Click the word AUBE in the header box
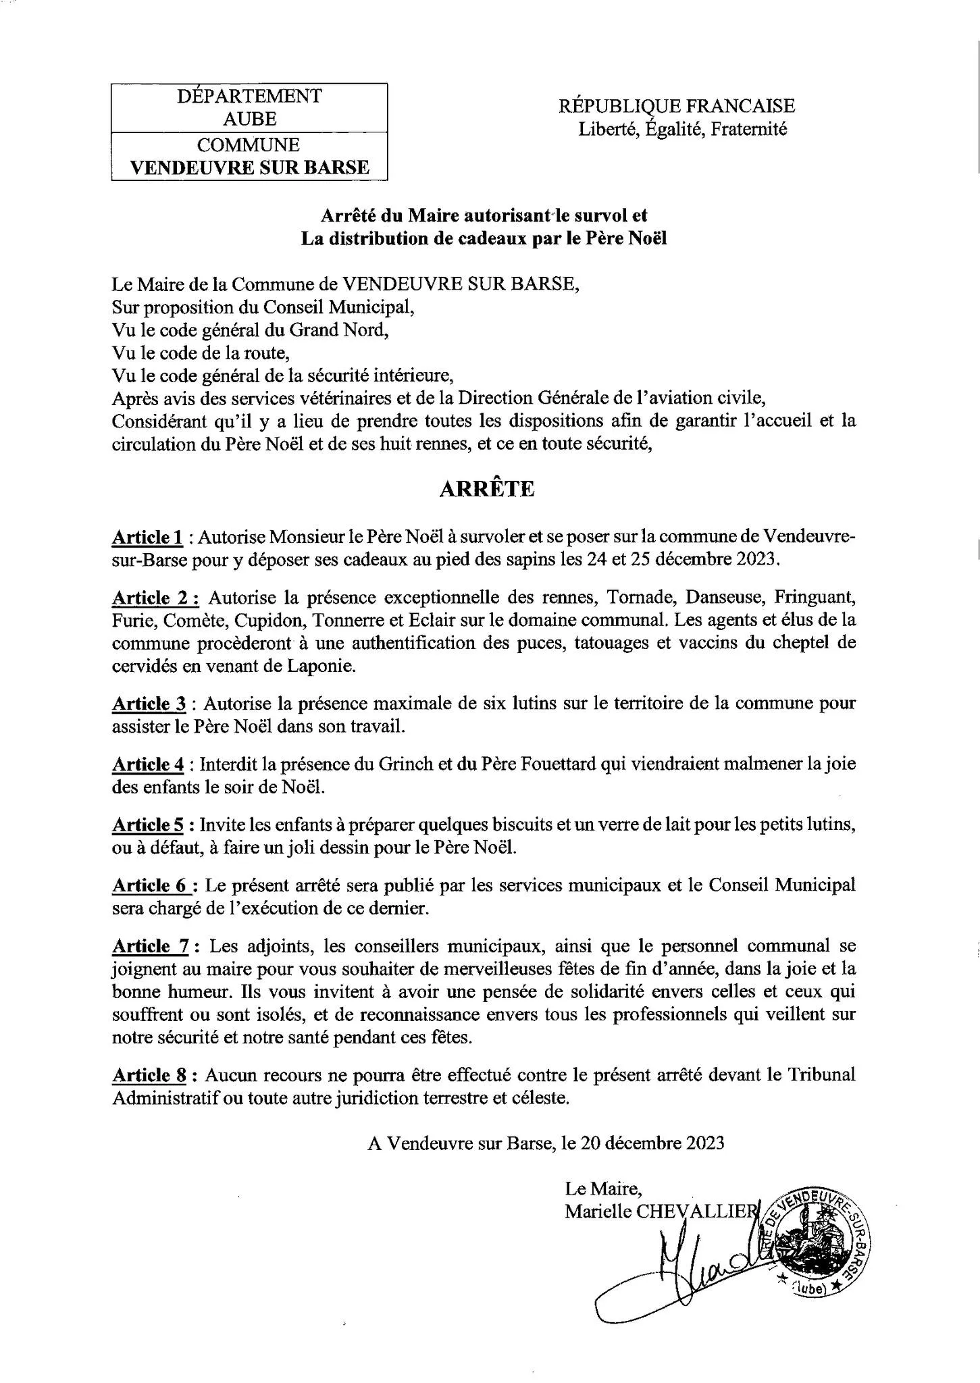click(249, 120)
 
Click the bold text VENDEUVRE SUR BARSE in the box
click(249, 167)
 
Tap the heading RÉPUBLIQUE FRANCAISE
click(677, 106)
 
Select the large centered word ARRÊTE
click(486, 490)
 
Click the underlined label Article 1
click(147, 538)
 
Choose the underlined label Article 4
click(148, 764)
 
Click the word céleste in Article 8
click(538, 1098)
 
